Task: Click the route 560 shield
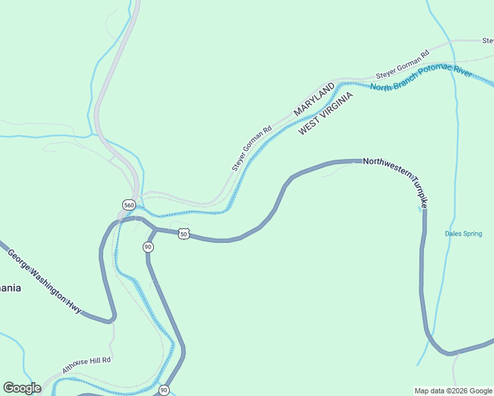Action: click(129, 205)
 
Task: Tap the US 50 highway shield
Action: click(184, 234)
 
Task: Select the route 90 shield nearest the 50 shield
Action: click(148, 247)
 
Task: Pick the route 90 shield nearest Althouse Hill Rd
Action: click(163, 390)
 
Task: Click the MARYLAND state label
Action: click(314, 100)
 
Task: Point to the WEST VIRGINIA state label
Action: click(326, 114)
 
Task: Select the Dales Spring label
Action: click(463, 234)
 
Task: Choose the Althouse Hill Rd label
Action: click(87, 364)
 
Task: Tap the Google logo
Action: click(22, 388)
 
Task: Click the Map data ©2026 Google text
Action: click(453, 391)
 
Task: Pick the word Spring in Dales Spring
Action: click(473, 234)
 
